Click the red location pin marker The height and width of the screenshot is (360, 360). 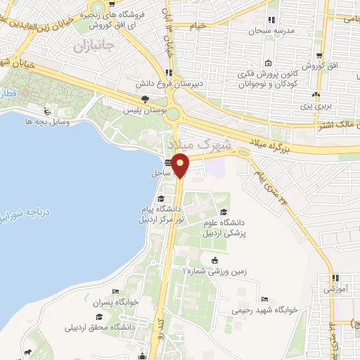point(181,165)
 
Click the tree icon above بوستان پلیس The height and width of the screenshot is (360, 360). point(145,99)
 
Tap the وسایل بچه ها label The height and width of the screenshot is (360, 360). point(45,122)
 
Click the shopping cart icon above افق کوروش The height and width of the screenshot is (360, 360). point(320,56)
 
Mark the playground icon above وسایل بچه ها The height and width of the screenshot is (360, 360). point(46,110)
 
